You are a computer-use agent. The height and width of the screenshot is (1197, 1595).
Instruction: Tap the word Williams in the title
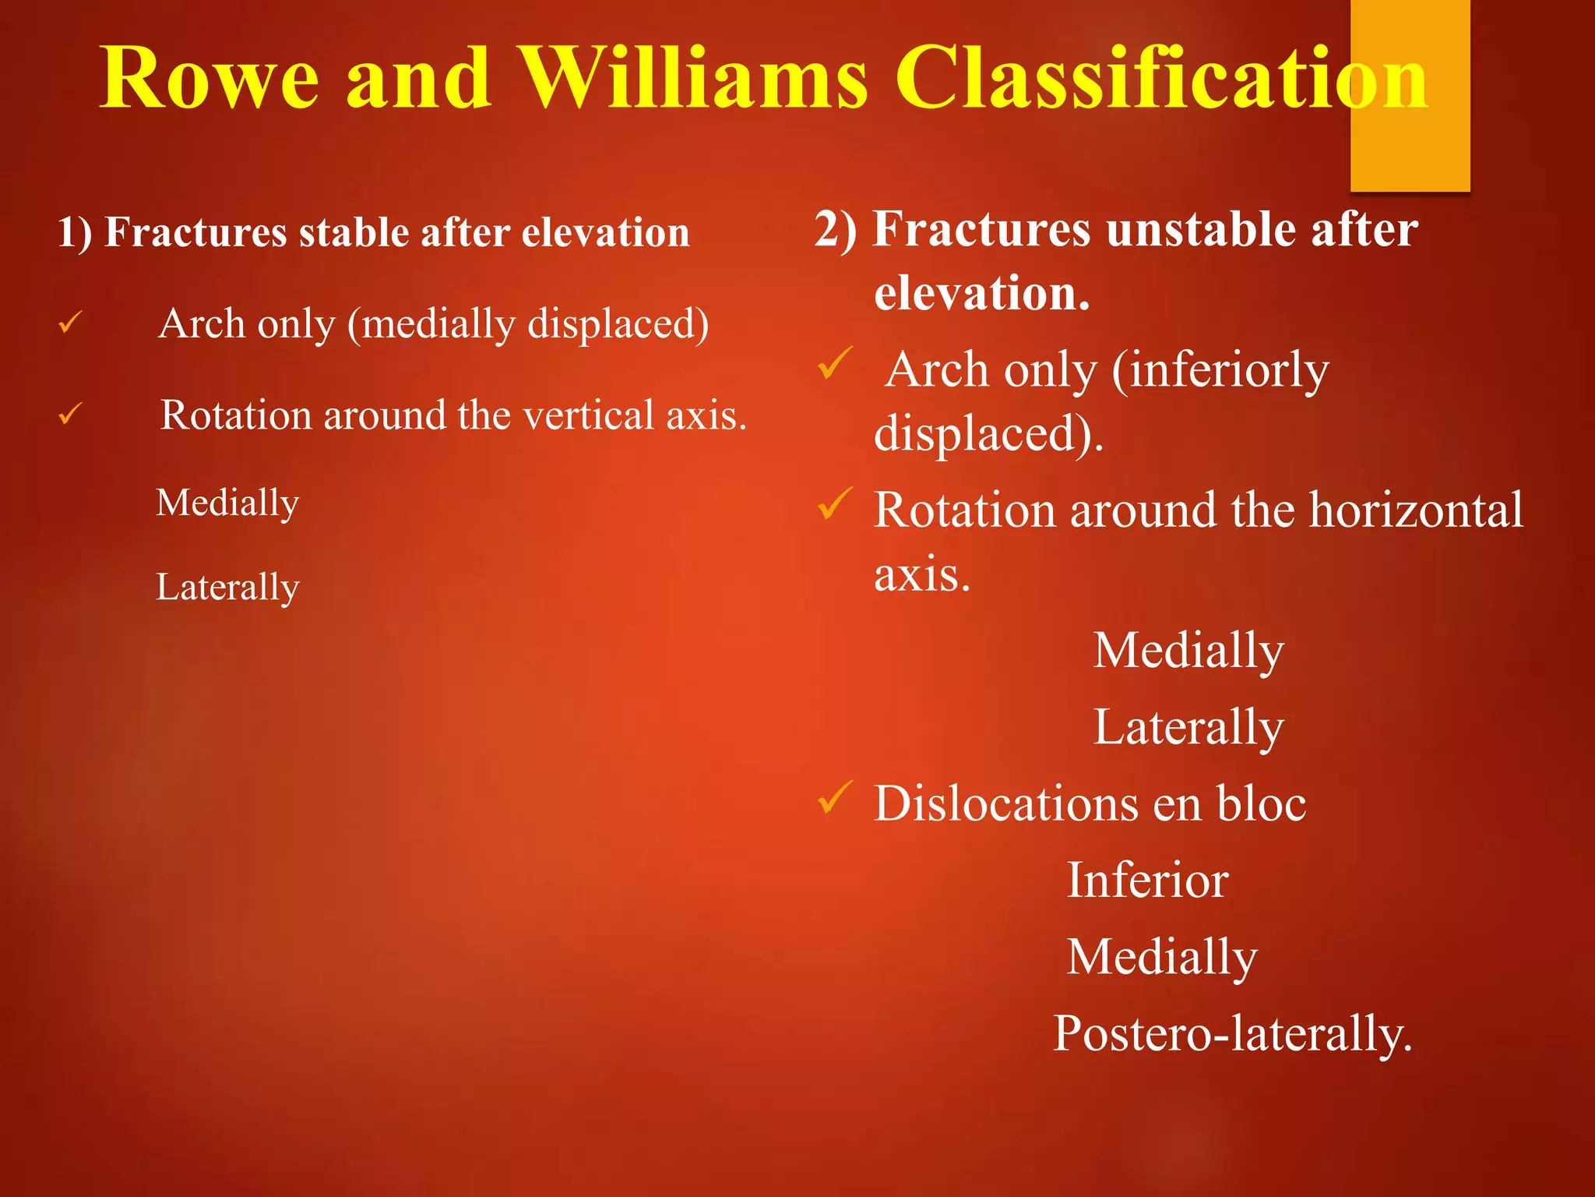coord(693,78)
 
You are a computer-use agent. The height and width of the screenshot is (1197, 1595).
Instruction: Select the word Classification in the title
coord(1160,78)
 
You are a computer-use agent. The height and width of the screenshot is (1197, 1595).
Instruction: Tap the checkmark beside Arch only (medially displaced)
coord(70,322)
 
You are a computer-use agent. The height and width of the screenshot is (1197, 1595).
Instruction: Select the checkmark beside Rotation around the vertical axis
coord(70,413)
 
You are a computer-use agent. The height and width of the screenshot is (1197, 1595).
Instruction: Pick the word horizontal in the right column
coord(1415,510)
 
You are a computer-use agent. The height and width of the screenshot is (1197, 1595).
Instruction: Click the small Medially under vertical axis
coord(227,503)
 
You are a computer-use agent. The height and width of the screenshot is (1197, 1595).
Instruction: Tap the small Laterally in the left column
coord(227,587)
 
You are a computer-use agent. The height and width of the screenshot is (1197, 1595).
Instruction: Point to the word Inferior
coord(1146,881)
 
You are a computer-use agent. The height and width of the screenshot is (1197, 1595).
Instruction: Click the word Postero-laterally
coord(1232,1034)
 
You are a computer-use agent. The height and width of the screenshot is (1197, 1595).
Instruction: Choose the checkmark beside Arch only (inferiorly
coord(835,363)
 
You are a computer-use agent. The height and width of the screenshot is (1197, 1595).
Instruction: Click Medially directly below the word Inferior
coord(1160,957)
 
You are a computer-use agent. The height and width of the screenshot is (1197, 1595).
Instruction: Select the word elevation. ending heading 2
coord(981,294)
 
